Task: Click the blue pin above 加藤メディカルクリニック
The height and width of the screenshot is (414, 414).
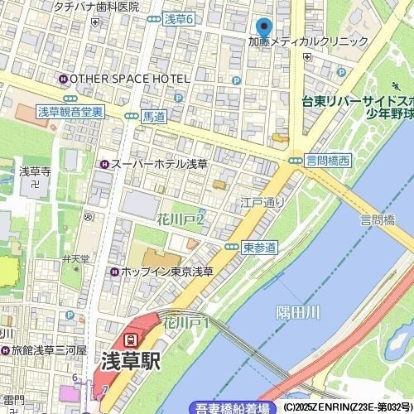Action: [x=263, y=27]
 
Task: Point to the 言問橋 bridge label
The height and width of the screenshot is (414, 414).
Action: [x=377, y=220]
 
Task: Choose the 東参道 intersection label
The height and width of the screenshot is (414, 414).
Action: [x=260, y=247]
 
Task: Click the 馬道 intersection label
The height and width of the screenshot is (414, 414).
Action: [x=154, y=117]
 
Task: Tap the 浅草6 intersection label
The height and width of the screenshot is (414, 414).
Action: [x=178, y=18]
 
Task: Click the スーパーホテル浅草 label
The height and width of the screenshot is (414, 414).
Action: [x=158, y=164]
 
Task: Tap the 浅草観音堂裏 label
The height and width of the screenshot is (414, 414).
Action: [x=70, y=111]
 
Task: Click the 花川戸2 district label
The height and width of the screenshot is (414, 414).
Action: [x=180, y=219]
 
